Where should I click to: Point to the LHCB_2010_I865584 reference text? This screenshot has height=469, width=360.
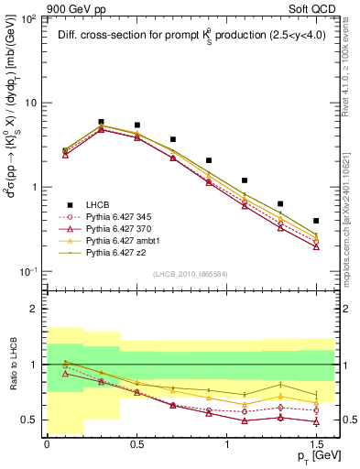(190, 275)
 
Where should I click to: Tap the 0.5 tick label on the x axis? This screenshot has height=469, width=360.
(136, 443)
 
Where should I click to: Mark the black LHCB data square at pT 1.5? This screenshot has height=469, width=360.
(316, 221)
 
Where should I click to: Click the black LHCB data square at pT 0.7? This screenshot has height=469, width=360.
(172, 140)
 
